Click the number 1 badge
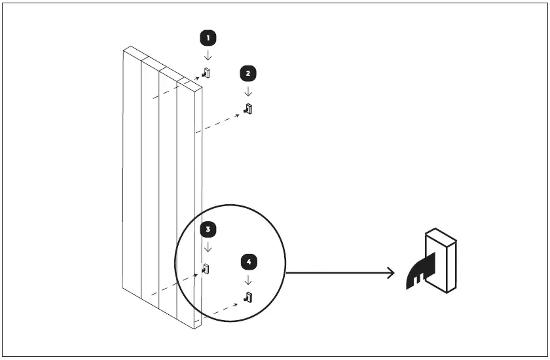[x=207, y=38]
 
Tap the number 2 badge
[x=247, y=73]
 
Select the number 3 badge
[x=208, y=229]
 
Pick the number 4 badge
[x=248, y=262]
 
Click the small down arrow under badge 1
[x=207, y=56]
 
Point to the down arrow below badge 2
[x=247, y=91]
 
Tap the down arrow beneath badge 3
[x=208, y=247]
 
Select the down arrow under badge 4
[x=248, y=280]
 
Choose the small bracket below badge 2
[x=248, y=109]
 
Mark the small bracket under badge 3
[x=206, y=268]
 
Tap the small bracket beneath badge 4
[x=248, y=298]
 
